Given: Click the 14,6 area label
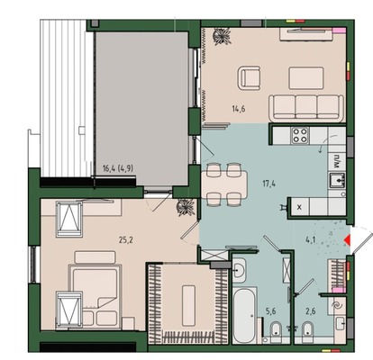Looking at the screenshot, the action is point(238,109).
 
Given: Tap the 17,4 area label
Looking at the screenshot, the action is point(268,183).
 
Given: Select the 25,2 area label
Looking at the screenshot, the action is point(126,239).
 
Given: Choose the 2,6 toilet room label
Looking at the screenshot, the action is point(311,311).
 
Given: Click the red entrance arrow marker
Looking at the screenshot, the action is point(348,240).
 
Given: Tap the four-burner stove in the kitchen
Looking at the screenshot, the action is point(300,135).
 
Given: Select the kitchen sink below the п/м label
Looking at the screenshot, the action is point(338,180).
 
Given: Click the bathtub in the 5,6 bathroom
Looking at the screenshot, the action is point(244,316).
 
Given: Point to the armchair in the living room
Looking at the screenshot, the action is point(249,78).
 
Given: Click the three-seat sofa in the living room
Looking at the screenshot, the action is point(306,108).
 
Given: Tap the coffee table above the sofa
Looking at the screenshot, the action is point(306,78).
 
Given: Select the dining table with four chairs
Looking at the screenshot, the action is point(224,184).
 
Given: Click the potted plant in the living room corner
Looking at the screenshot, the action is point(222,36).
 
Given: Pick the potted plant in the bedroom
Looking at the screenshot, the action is point(186,207).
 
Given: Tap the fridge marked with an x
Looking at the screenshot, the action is point(299,207).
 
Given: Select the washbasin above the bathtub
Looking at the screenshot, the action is point(239,271).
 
